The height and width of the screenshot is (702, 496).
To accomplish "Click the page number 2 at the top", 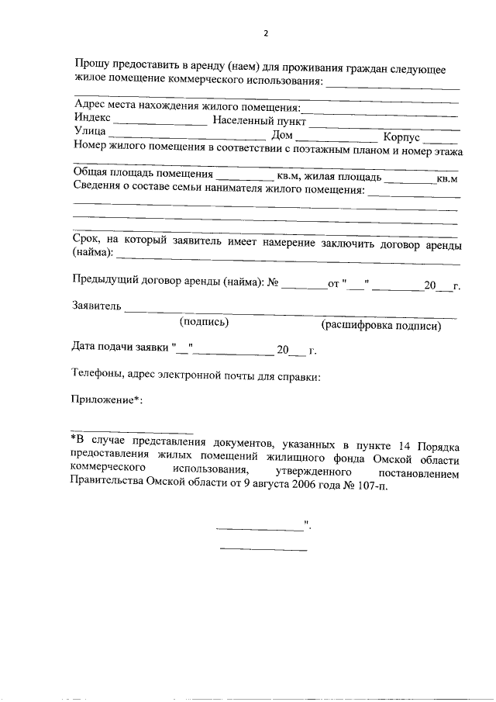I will pyautogui.click(x=265, y=34).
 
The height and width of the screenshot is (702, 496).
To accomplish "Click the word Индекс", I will pyautogui.click(x=92, y=120).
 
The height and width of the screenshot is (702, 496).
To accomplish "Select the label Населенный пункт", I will pyautogui.click(x=260, y=121).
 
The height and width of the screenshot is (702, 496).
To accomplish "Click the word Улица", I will pyautogui.click(x=89, y=133).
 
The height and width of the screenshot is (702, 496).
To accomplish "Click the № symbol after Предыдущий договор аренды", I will pyautogui.click(x=272, y=284).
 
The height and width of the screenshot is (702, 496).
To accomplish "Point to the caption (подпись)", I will pyautogui.click(x=204, y=321).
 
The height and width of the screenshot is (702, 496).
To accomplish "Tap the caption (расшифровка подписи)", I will pyautogui.click(x=382, y=325).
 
